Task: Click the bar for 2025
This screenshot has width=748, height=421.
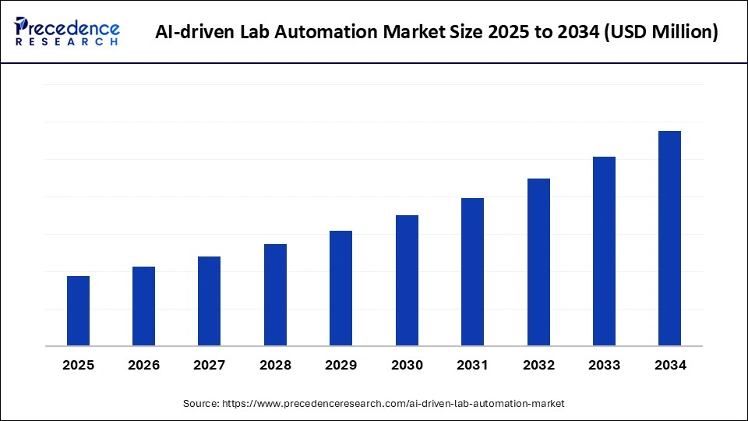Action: click(78, 310)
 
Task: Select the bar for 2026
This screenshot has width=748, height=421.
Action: click(143, 306)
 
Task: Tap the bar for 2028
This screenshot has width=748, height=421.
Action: click(275, 295)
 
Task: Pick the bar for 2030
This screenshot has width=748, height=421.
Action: click(407, 280)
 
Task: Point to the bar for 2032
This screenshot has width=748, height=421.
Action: click(538, 262)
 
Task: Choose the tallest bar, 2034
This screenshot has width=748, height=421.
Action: click(669, 238)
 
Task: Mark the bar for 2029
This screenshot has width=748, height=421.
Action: click(340, 288)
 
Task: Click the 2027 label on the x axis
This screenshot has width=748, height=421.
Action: click(210, 365)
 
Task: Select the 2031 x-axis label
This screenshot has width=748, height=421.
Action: click(472, 365)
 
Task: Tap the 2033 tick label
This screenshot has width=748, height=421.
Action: click(604, 365)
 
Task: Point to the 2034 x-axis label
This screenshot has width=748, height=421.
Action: click(669, 365)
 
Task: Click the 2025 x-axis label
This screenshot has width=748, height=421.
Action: click(78, 365)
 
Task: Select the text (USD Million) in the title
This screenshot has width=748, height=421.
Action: click(662, 32)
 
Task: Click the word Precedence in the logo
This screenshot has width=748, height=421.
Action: click(75, 27)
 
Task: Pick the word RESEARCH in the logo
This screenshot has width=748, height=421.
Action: click(68, 43)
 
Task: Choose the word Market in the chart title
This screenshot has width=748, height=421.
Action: click(401, 32)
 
